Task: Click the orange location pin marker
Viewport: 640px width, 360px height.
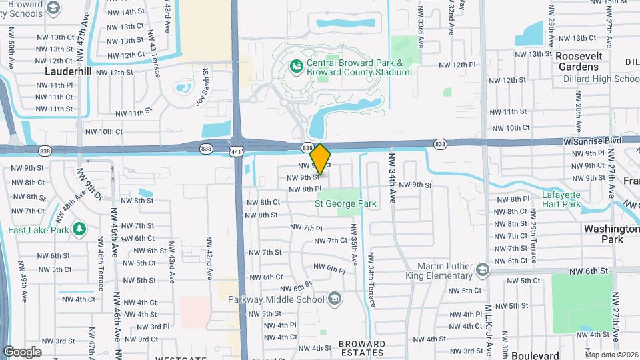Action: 320,159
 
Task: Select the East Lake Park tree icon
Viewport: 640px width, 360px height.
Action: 80,229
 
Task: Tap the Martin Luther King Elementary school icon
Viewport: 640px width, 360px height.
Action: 483,270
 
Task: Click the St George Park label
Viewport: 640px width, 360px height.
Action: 345,203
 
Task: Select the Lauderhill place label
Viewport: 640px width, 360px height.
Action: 68,71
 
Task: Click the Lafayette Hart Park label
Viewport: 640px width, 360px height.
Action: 563,199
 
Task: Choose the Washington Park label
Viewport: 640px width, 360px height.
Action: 611,233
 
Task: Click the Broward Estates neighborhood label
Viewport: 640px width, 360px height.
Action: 362,348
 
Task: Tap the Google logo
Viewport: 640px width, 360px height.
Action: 22,352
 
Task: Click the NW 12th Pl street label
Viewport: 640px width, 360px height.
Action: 457,65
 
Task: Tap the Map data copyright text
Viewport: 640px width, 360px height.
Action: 611,354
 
